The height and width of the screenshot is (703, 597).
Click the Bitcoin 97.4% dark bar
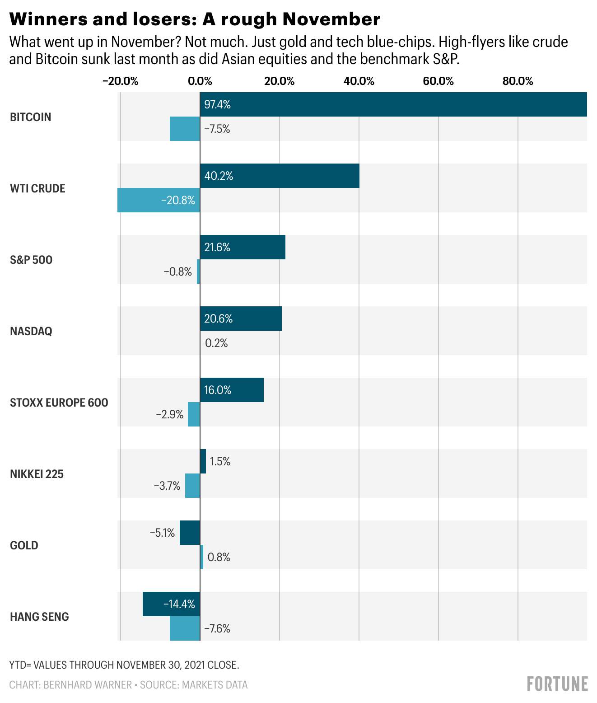pyautogui.click(x=393, y=104)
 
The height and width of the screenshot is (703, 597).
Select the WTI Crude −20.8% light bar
pyautogui.click(x=159, y=200)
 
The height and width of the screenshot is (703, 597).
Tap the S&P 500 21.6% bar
pyautogui.click(x=243, y=247)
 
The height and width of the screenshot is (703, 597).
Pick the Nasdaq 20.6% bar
pyautogui.click(x=241, y=319)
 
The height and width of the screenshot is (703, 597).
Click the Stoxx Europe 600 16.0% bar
pyautogui.click(x=232, y=390)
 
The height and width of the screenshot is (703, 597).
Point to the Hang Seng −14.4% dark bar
pyautogui.click(x=171, y=604)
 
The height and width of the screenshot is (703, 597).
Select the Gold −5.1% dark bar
pyautogui.click(x=190, y=533)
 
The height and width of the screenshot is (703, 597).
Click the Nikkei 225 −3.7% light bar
pyautogui.click(x=192, y=486)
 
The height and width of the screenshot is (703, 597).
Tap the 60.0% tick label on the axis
pyautogui.click(x=438, y=81)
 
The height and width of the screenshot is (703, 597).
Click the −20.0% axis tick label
pyautogui.click(x=120, y=81)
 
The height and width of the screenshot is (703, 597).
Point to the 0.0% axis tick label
pyautogui.click(x=200, y=81)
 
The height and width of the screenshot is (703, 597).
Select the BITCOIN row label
pyautogui.click(x=31, y=117)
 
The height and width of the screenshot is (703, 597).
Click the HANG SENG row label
pyautogui.click(x=39, y=617)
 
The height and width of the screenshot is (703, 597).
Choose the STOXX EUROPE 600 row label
pyautogui.click(x=59, y=403)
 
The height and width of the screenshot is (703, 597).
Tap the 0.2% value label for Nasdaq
pyautogui.click(x=216, y=343)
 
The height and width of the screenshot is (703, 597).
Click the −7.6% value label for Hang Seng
pyautogui.click(x=217, y=628)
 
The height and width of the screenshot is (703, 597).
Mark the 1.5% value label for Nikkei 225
pyautogui.click(x=220, y=461)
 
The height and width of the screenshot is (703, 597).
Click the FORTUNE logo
pyautogui.click(x=557, y=684)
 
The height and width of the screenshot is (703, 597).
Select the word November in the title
pyautogui.click(x=331, y=19)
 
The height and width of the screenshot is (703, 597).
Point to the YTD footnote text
pyautogui.click(x=124, y=665)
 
